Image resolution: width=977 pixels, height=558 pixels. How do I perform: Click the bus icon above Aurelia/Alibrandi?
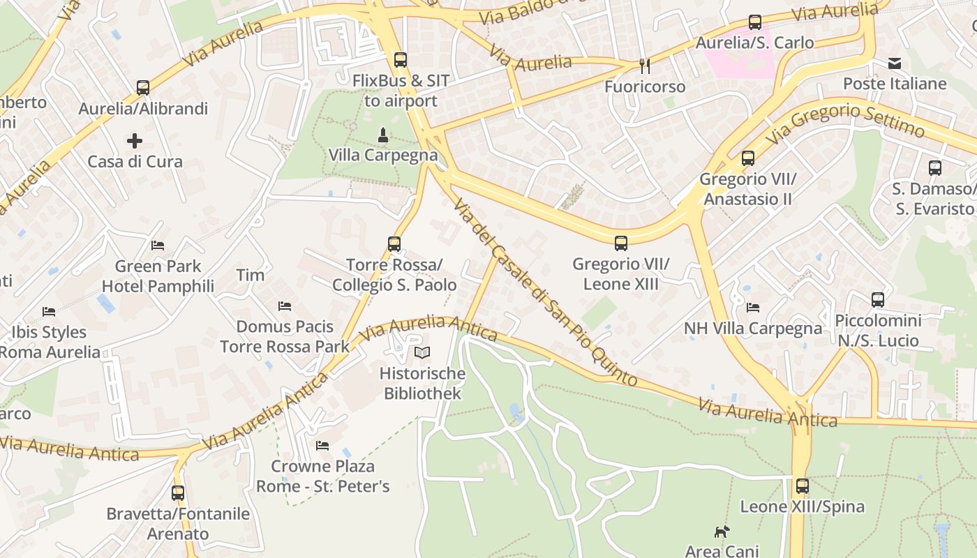(x=143, y=88)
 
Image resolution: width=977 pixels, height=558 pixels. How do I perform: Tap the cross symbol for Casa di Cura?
(x=135, y=141)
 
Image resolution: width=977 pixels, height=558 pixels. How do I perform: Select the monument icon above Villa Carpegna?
(x=382, y=134)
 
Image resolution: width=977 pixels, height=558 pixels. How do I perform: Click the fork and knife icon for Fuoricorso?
(x=645, y=66)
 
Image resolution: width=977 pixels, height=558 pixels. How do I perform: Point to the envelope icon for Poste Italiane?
(x=895, y=64)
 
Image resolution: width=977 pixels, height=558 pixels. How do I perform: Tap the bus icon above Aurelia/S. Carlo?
(x=755, y=22)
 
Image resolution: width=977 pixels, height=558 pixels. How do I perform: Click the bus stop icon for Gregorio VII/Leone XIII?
(x=621, y=243)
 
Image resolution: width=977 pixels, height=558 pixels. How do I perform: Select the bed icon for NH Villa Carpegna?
(x=753, y=307)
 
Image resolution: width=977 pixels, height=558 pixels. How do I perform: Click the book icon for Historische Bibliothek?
(x=422, y=353)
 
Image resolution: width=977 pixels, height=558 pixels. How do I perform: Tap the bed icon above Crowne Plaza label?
(x=322, y=445)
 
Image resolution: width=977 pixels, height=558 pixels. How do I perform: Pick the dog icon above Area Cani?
(x=722, y=531)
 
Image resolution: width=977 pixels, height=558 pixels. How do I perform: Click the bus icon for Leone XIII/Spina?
(x=803, y=486)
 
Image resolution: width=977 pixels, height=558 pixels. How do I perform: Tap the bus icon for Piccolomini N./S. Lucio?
(x=878, y=300)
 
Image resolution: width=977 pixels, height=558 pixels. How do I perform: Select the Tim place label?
(x=251, y=275)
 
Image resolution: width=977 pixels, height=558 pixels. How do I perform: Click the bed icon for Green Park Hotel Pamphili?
(x=158, y=246)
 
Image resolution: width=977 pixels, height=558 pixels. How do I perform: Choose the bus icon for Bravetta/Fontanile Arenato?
(x=178, y=493)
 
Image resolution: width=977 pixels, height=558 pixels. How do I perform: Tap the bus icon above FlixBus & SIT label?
(x=400, y=60)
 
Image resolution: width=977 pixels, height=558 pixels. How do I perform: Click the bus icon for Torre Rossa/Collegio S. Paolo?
(x=394, y=244)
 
